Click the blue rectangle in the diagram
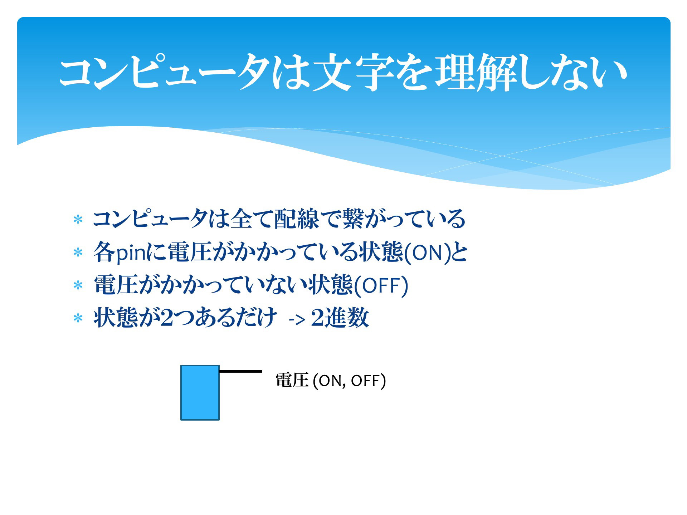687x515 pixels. point(200,393)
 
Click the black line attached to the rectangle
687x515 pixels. point(241,371)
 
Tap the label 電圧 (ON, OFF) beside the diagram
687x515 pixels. point(331,380)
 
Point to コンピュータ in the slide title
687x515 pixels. point(165,72)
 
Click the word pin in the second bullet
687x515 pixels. point(131,253)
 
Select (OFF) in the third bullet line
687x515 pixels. point(381,285)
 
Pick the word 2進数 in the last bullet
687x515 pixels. point(340,318)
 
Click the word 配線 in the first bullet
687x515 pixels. point(296,219)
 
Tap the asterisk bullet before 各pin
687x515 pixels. point(78,253)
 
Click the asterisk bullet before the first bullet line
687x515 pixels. point(78,220)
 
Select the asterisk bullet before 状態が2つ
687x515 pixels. point(78,318)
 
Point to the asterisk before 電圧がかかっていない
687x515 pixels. point(78,285)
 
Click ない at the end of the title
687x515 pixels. point(589,72)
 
